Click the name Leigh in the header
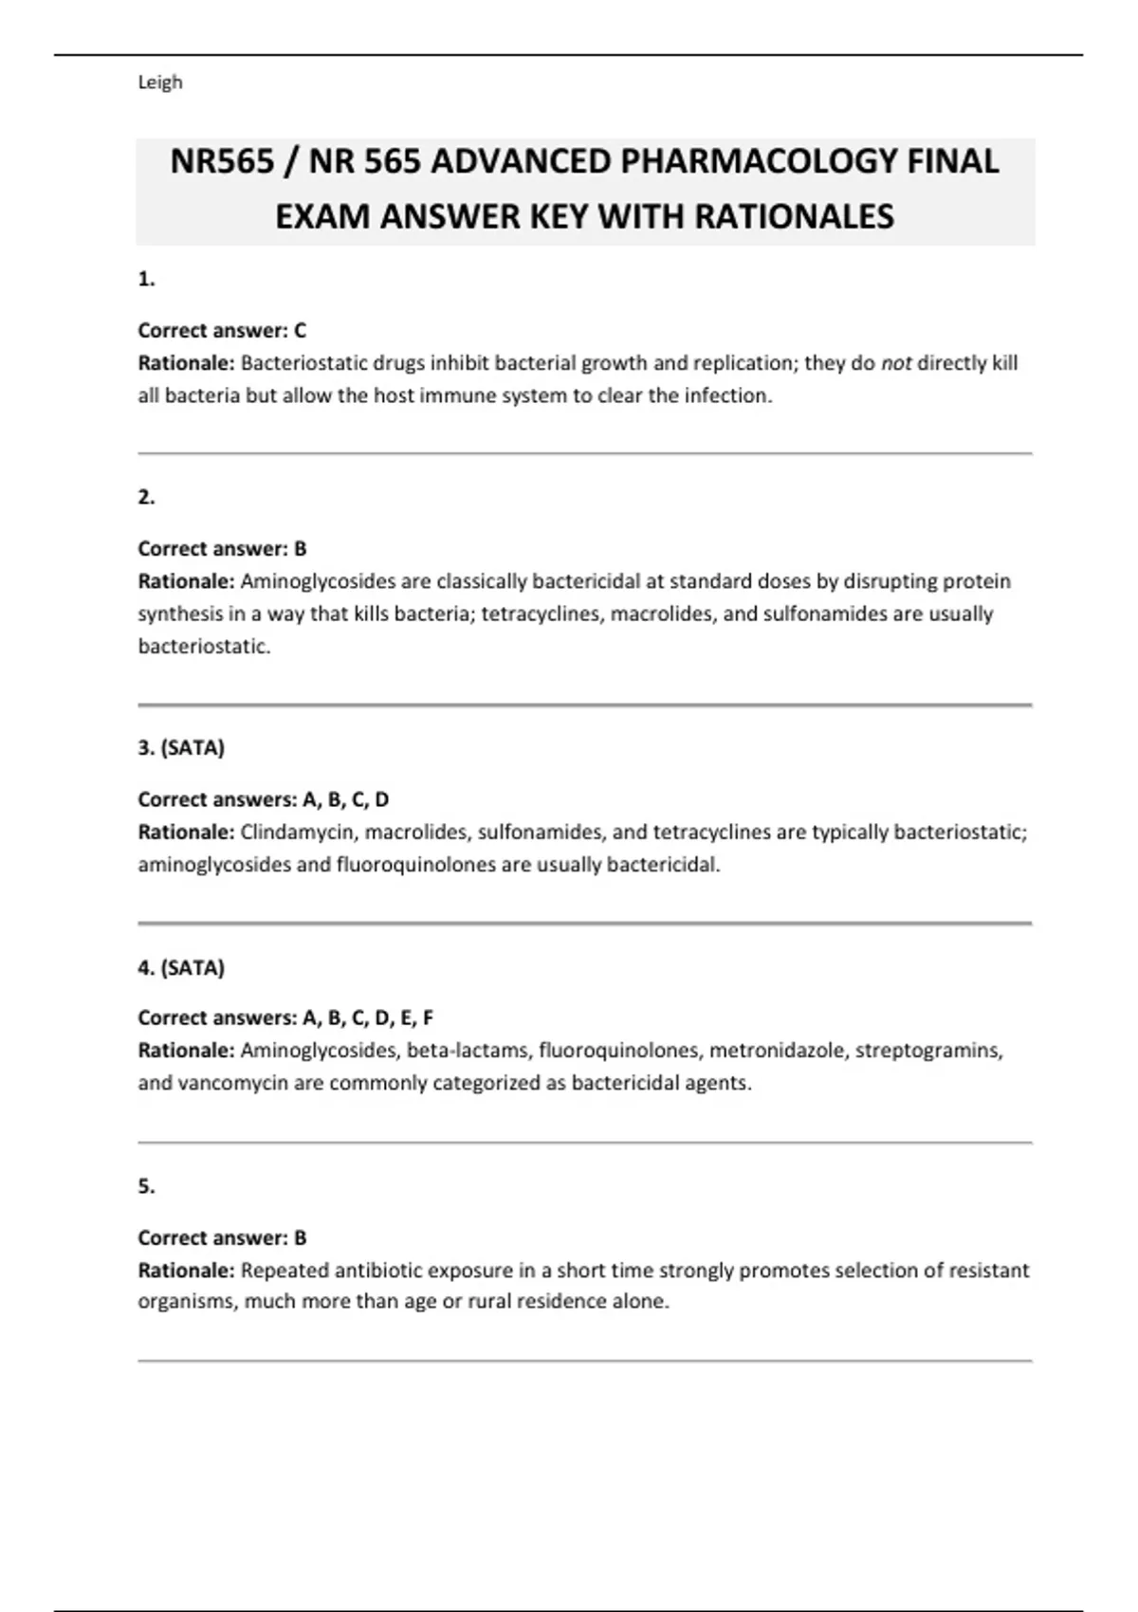pyautogui.click(x=159, y=82)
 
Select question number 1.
pyautogui.click(x=146, y=279)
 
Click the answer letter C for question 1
pyautogui.click(x=300, y=331)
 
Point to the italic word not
pyautogui.click(x=896, y=363)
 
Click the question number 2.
pyautogui.click(x=146, y=497)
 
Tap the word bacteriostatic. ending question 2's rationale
pyautogui.click(x=204, y=647)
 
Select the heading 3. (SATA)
pyautogui.click(x=181, y=748)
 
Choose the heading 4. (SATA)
pyautogui.click(x=181, y=968)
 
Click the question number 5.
pyautogui.click(x=146, y=1186)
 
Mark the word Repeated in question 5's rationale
pyautogui.click(x=284, y=1271)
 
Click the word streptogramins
pyautogui.click(x=928, y=1051)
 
